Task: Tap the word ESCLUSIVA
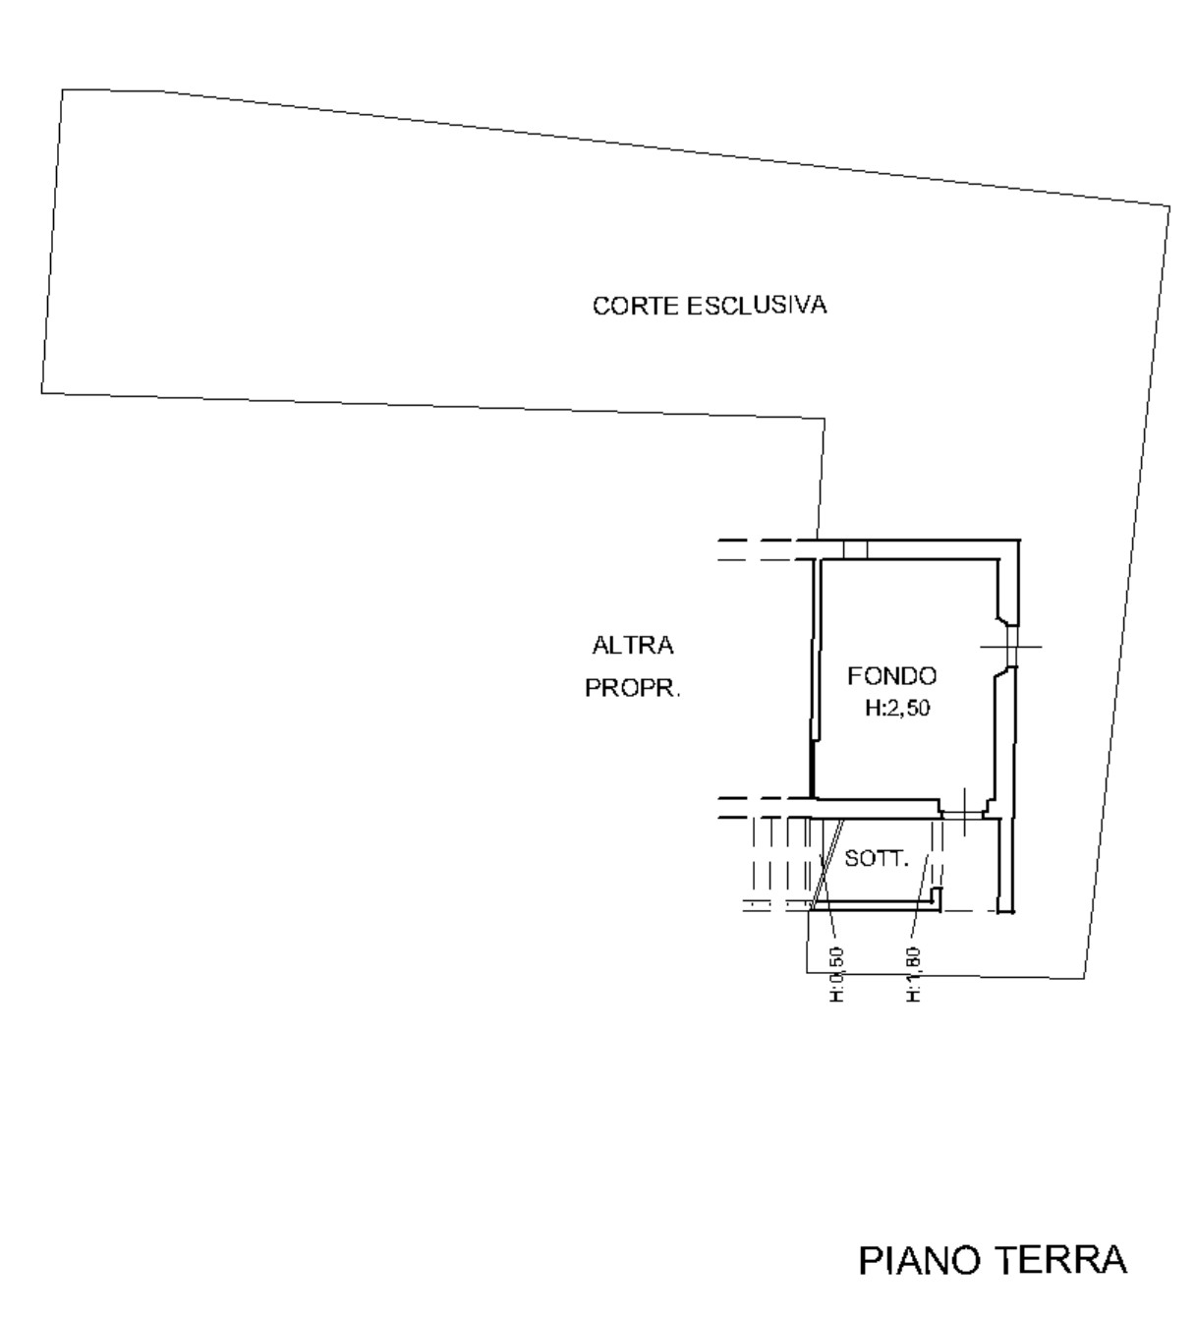tap(757, 306)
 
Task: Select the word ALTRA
tap(633, 646)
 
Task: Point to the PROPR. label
tap(633, 688)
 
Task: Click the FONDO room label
tap(892, 675)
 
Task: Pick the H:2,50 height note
tap(896, 709)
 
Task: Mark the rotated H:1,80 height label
tap(912, 974)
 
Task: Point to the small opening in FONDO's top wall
tap(855, 549)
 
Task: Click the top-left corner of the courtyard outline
tap(63, 90)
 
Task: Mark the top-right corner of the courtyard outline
tap(1169, 206)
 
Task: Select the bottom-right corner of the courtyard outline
tap(1085, 979)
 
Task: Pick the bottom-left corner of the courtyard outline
tap(41, 393)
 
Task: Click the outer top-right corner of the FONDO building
tap(1020, 541)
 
